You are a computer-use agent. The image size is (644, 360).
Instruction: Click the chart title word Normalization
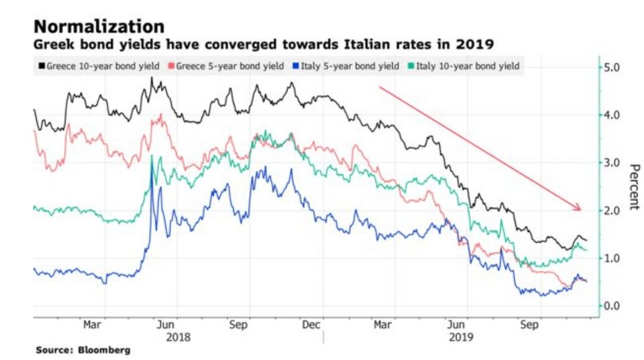click(99, 27)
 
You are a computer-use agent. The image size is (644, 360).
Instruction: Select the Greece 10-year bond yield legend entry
click(99, 66)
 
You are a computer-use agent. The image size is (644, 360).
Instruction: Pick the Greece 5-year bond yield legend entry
click(226, 66)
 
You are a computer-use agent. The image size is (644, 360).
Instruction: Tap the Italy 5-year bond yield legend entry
click(346, 66)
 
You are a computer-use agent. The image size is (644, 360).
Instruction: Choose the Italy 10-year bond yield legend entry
click(464, 66)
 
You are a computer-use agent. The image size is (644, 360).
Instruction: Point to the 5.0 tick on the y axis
click(612, 67)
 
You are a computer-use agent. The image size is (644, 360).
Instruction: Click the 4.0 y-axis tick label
click(612, 115)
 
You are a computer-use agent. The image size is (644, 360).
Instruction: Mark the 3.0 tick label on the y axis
click(612, 162)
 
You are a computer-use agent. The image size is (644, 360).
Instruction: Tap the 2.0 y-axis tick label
click(612, 211)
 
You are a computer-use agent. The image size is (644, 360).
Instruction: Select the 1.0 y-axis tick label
click(612, 258)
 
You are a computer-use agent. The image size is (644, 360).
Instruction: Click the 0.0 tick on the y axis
click(612, 306)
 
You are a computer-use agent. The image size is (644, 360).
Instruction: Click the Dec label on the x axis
click(311, 324)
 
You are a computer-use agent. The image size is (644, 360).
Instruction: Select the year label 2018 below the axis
click(178, 337)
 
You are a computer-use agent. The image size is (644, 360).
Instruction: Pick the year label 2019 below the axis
click(461, 337)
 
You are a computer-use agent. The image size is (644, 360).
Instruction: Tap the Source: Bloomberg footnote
click(83, 350)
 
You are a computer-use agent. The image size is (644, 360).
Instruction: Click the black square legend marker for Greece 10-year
click(42, 66)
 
